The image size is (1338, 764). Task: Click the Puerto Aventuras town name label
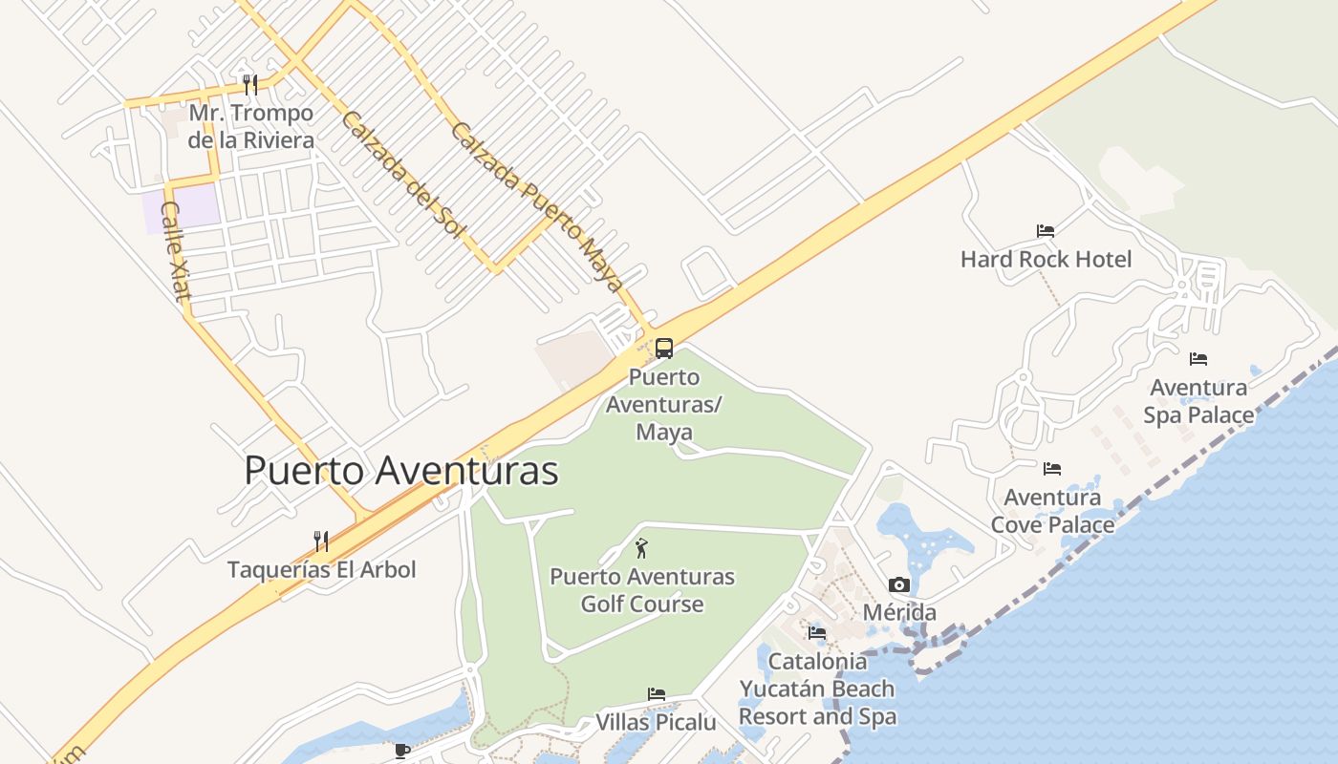pyautogui.click(x=401, y=471)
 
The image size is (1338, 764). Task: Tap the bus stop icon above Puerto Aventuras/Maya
pyautogui.click(x=664, y=349)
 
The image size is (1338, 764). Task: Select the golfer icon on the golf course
pyautogui.click(x=641, y=548)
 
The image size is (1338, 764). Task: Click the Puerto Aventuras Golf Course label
pyautogui.click(x=642, y=590)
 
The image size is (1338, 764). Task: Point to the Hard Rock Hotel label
pyautogui.click(x=1046, y=259)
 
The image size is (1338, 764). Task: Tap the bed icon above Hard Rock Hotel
pyautogui.click(x=1046, y=231)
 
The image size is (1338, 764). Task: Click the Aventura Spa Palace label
pyautogui.click(x=1198, y=401)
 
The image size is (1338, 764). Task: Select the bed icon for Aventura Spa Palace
pyautogui.click(x=1198, y=359)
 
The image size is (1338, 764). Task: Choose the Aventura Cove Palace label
pyautogui.click(x=1052, y=511)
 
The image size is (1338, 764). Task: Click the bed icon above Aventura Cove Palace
pyautogui.click(x=1052, y=469)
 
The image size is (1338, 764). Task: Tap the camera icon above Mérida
pyautogui.click(x=899, y=584)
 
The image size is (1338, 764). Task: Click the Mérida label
pyautogui.click(x=899, y=612)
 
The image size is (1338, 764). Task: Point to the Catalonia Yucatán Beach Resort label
pyautogui.click(x=817, y=689)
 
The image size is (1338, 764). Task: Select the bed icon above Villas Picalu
pyautogui.click(x=657, y=694)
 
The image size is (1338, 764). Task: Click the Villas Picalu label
pyautogui.click(x=656, y=722)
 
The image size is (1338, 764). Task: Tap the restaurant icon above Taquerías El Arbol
pyautogui.click(x=321, y=541)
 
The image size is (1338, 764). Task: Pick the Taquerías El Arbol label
pyautogui.click(x=321, y=570)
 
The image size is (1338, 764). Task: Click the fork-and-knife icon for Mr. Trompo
pyautogui.click(x=250, y=85)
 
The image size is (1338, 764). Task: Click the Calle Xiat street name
pyautogui.click(x=175, y=251)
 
